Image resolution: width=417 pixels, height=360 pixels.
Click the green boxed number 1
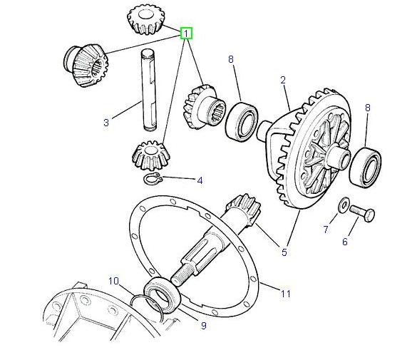click(x=186, y=34)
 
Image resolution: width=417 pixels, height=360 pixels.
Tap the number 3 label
click(x=106, y=123)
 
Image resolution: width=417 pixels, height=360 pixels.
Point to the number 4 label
click(x=200, y=181)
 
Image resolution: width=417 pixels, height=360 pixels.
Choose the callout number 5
click(x=285, y=252)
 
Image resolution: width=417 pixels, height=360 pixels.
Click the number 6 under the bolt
click(x=345, y=242)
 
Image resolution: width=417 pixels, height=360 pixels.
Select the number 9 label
click(x=203, y=326)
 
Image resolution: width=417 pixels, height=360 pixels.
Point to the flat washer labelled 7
click(x=344, y=204)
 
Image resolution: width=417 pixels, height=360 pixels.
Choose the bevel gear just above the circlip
click(x=149, y=153)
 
